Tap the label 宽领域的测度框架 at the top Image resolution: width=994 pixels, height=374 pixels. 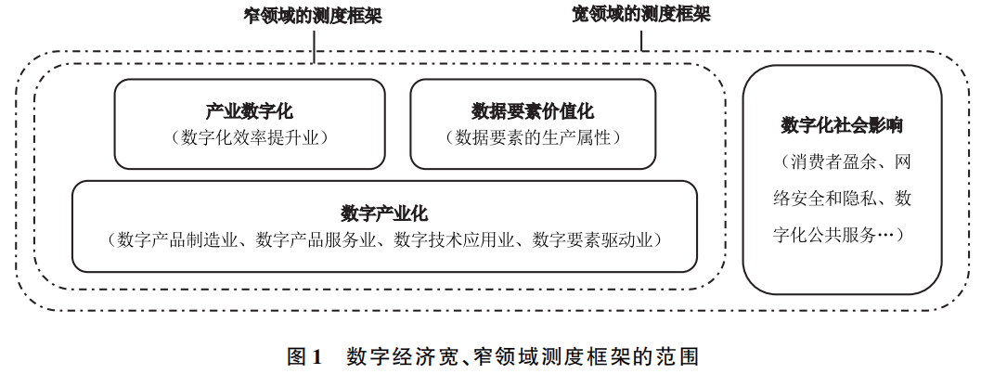click(x=640, y=15)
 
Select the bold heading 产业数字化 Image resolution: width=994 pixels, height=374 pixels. click(x=249, y=112)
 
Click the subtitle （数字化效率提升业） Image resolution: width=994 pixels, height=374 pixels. click(x=250, y=137)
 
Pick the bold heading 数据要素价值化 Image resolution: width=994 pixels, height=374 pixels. click(x=532, y=112)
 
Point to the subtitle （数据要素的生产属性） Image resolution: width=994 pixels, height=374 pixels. click(x=533, y=137)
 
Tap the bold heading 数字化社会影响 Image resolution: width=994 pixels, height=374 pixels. click(x=842, y=125)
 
